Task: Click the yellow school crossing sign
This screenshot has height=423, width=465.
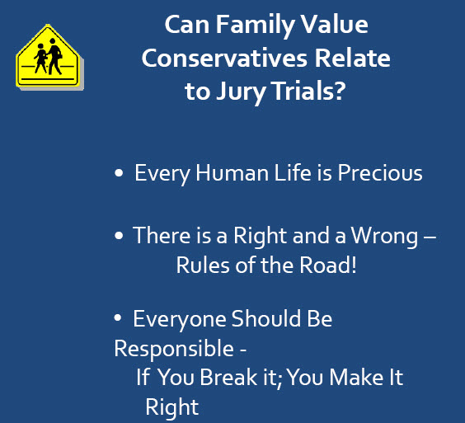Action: [x=48, y=56]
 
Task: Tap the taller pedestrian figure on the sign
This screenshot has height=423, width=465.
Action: [x=54, y=56]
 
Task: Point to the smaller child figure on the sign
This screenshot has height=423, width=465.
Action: [x=41, y=59]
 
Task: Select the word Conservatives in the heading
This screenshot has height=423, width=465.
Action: [x=224, y=59]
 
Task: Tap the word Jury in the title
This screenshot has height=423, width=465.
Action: [x=241, y=92]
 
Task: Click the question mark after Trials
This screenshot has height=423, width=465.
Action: [x=341, y=91]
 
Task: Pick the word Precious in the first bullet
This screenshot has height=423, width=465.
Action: [x=380, y=172]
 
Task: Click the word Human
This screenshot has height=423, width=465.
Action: [x=233, y=172]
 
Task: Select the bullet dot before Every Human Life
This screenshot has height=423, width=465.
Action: [x=119, y=173]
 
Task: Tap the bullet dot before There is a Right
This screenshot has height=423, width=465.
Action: [x=119, y=236]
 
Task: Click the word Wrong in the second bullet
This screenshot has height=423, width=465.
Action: [x=385, y=237]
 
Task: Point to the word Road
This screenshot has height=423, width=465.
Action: [x=325, y=265]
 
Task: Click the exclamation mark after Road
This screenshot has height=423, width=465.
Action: [x=353, y=265]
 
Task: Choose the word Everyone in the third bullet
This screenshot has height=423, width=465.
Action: [x=180, y=319]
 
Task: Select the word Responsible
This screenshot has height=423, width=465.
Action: [x=174, y=349]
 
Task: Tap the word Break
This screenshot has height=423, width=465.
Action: [x=228, y=378]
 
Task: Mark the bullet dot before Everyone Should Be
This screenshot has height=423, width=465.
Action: [x=118, y=317]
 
